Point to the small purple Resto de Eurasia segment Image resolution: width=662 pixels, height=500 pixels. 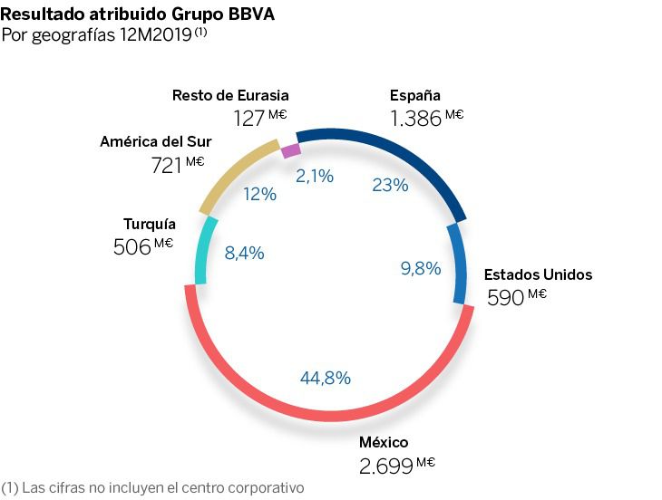291,149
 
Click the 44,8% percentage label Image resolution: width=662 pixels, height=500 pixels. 325,378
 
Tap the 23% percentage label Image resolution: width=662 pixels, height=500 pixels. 390,185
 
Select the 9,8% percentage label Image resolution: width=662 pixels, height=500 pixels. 420,267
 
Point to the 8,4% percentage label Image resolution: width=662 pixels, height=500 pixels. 244,254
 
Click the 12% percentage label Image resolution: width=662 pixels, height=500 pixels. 260,194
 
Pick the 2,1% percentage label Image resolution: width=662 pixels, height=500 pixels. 315,177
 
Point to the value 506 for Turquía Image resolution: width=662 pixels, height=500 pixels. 131,247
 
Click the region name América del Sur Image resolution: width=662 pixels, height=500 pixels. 156,142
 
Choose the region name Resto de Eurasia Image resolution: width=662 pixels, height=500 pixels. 230,95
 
